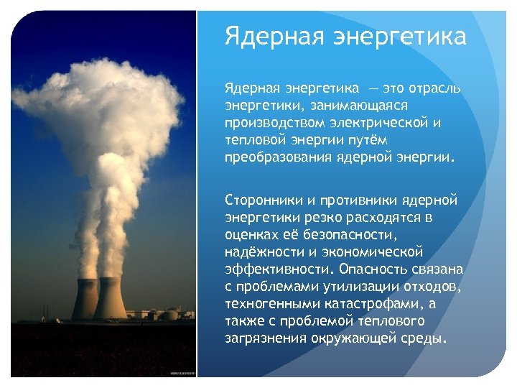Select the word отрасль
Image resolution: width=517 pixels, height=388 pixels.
point(431,88)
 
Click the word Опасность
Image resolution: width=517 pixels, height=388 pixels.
point(374,268)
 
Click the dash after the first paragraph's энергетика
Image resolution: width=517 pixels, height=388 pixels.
point(373,88)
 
